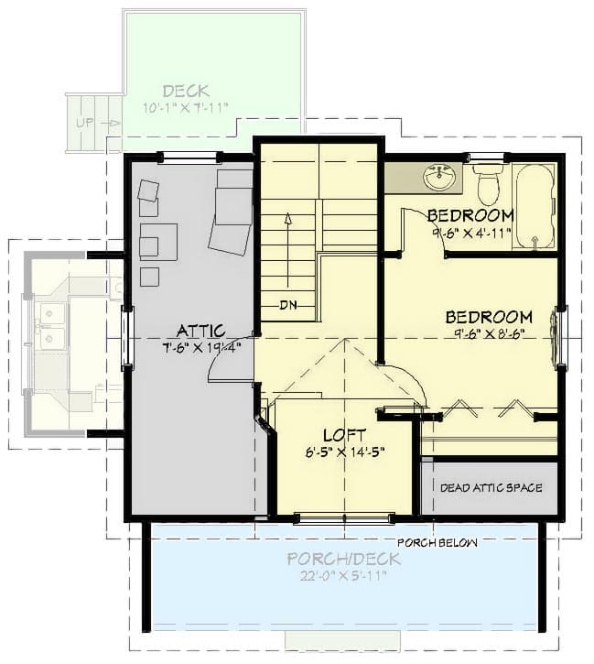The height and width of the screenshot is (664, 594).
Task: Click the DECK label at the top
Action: [186, 91]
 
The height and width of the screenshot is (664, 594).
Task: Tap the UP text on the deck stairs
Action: [85, 122]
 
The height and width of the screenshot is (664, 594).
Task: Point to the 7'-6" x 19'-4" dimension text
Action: [198, 347]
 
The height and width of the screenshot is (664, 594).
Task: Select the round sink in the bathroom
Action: [441, 178]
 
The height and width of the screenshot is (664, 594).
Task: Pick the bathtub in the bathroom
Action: [535, 207]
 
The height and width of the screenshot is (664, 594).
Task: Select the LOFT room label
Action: [344, 435]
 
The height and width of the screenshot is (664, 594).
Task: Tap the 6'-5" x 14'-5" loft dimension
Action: [344, 452]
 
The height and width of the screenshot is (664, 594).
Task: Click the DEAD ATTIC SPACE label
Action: [491, 488]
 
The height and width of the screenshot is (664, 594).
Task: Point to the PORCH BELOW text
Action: [437, 542]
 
